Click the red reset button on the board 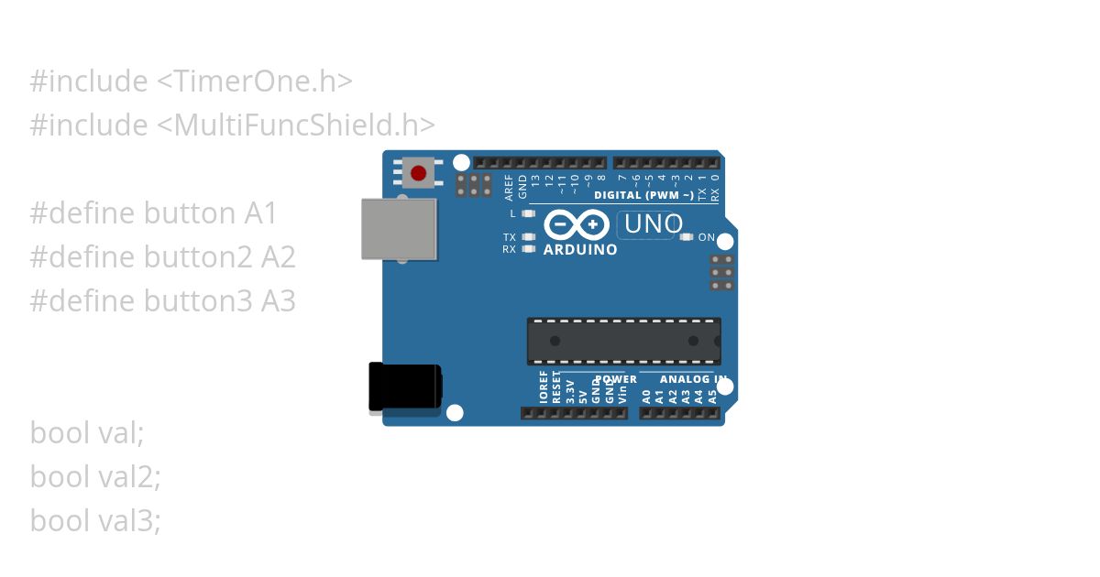point(419,173)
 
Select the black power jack point(404,387)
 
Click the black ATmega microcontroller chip point(623,341)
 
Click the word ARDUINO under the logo point(580,249)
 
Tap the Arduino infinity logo point(577,224)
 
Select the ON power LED point(687,237)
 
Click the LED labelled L point(527,213)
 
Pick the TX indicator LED point(527,237)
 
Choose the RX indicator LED point(527,248)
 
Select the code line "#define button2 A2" point(162,257)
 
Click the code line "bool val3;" point(95,521)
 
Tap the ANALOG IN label point(693,379)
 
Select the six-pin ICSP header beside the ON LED point(722,272)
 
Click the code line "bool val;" point(87,433)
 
